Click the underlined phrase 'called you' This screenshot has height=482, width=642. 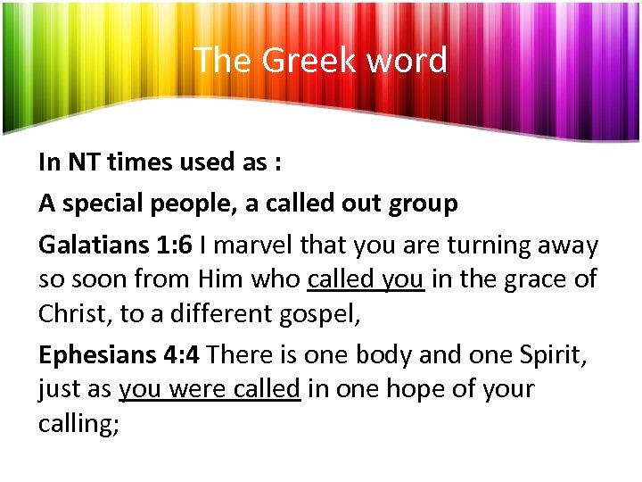[366, 280]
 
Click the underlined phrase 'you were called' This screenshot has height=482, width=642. [210, 389]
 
